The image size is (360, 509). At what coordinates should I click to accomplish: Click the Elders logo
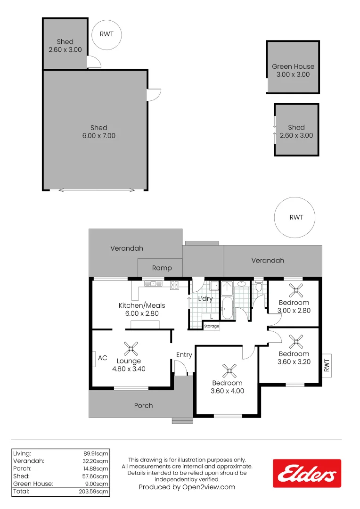(x=307, y=474)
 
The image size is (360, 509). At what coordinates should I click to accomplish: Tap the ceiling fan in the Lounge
(x=131, y=349)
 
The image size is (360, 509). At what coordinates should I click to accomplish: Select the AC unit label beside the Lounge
(x=102, y=358)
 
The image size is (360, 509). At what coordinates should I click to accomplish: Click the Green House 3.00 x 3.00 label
(x=293, y=71)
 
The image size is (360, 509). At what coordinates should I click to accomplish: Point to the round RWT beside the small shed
(x=106, y=34)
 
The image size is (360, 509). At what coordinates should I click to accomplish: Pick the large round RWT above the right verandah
(x=295, y=217)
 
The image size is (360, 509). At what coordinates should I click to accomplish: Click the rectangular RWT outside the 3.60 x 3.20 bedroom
(x=327, y=365)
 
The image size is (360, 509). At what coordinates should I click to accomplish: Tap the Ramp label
(x=162, y=268)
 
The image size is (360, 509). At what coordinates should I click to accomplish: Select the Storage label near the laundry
(x=212, y=326)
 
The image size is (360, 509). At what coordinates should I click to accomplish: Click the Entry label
(x=184, y=355)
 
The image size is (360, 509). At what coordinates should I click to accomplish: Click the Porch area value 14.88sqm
(x=96, y=468)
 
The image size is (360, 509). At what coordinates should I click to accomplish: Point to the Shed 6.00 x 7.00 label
(x=98, y=131)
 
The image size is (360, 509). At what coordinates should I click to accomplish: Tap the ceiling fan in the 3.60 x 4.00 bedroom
(x=229, y=370)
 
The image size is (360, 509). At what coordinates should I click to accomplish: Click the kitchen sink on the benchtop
(x=154, y=284)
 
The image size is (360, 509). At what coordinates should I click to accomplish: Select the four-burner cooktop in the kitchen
(x=174, y=284)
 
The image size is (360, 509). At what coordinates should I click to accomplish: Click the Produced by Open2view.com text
(x=187, y=487)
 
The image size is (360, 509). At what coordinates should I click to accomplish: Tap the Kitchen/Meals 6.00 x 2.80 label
(x=142, y=309)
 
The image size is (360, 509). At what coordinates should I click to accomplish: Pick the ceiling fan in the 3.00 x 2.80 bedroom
(x=296, y=287)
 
